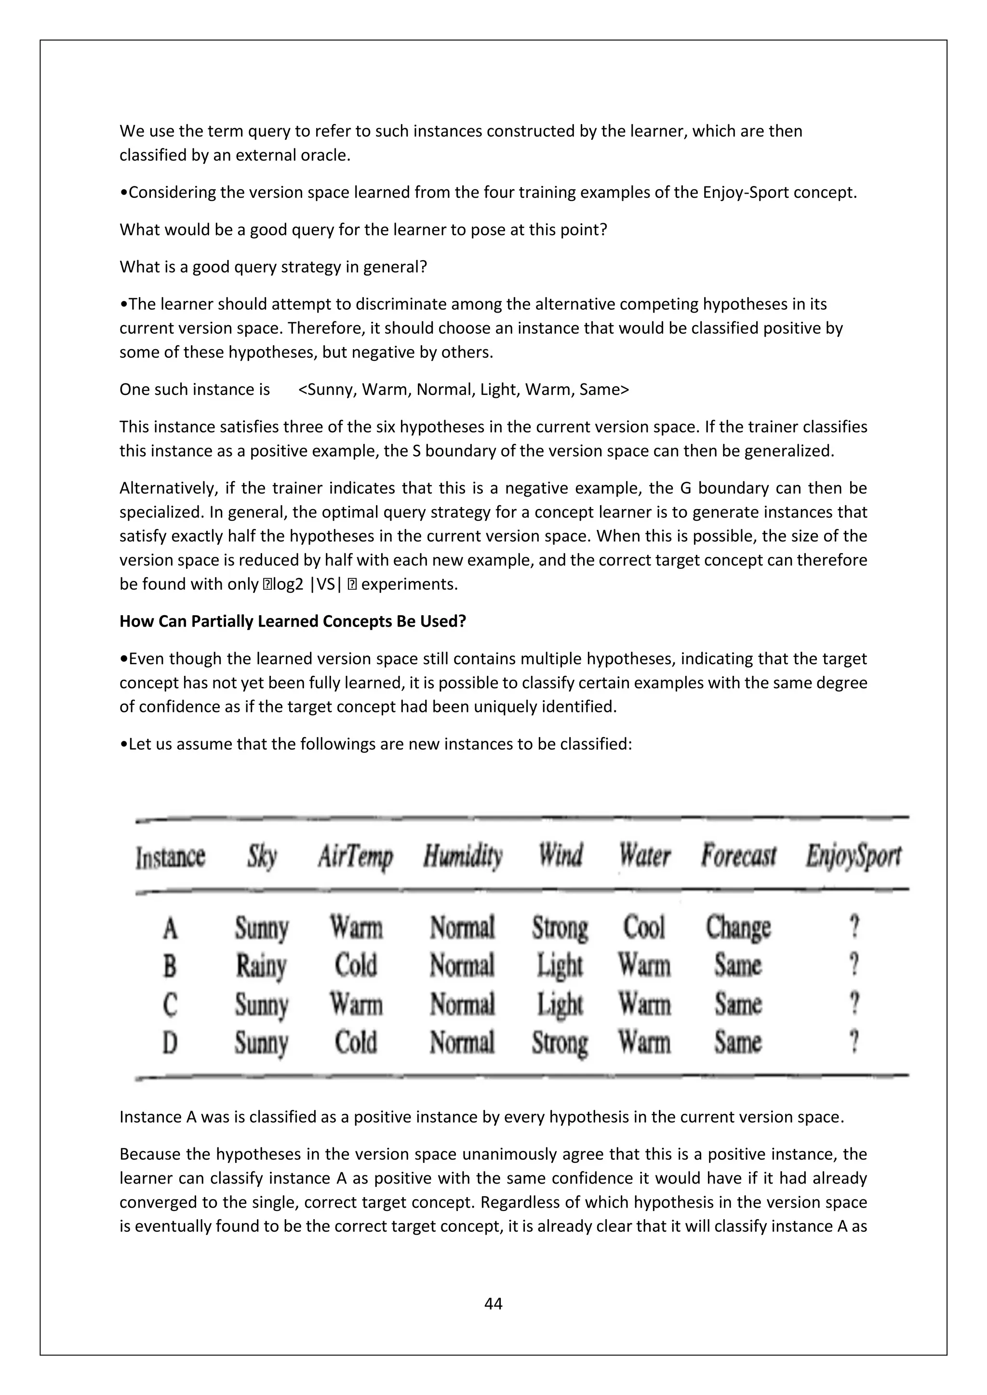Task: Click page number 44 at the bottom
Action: [493, 1303]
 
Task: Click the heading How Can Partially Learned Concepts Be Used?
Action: [293, 621]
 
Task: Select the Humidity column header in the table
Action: [463, 856]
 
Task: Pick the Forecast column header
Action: [738, 856]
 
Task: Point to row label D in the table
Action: [170, 1042]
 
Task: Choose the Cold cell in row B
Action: [356, 965]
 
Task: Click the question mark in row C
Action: [854, 1004]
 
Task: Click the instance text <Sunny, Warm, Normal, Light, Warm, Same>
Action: [463, 390]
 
